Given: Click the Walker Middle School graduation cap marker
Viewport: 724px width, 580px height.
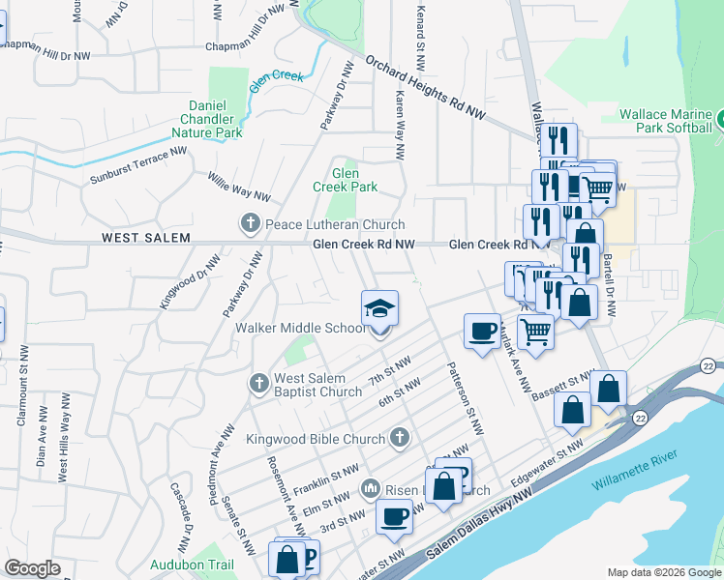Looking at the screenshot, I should pyautogui.click(x=380, y=309).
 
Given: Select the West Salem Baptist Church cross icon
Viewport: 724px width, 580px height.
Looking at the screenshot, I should pyautogui.click(x=259, y=384).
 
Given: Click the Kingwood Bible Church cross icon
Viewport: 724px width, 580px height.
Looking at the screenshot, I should pyautogui.click(x=399, y=439).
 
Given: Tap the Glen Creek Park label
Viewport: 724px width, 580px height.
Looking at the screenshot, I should pyautogui.click(x=345, y=180).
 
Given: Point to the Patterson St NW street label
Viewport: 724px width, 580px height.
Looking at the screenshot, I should pyautogui.click(x=465, y=397).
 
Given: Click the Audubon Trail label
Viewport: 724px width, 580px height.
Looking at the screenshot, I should pyautogui.click(x=192, y=565).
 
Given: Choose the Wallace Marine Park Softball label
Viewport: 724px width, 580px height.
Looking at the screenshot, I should pyautogui.click(x=665, y=120).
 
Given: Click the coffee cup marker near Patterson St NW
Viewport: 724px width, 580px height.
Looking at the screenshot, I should pyautogui.click(x=482, y=332).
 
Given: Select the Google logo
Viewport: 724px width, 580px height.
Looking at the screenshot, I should pyautogui.click(x=32, y=568).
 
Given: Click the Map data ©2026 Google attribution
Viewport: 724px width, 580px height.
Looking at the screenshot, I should pyautogui.click(x=663, y=572).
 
